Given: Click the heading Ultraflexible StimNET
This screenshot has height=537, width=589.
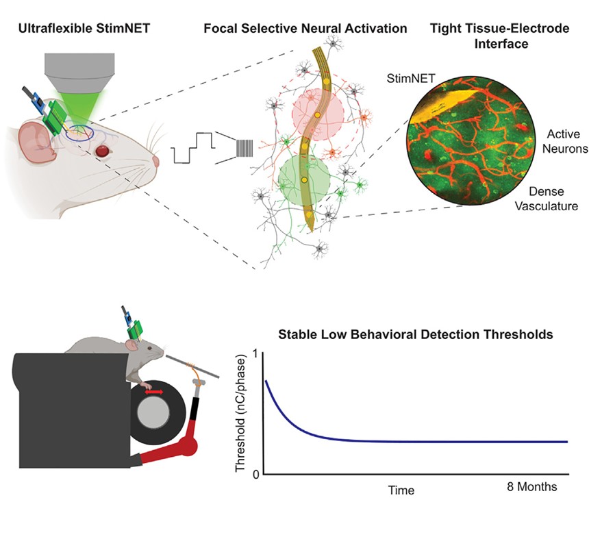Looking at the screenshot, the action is (x=84, y=28).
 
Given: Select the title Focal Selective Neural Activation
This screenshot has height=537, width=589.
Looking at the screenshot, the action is (x=305, y=29).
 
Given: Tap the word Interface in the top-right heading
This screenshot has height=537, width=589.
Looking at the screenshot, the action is (x=501, y=44).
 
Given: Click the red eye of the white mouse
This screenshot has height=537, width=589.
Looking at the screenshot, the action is (x=103, y=151).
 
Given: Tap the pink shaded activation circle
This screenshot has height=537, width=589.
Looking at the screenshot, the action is (x=318, y=114).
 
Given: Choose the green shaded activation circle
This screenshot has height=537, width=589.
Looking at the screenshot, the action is (x=304, y=179).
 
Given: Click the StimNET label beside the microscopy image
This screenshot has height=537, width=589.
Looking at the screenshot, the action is (x=411, y=78).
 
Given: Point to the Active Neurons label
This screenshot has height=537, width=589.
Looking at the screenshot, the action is (x=565, y=141).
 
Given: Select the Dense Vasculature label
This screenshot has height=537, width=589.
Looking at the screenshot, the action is (x=546, y=199).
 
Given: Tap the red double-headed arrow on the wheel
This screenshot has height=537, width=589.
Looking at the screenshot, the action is (x=154, y=392).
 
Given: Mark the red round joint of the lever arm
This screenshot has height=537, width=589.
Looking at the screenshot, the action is (x=188, y=446).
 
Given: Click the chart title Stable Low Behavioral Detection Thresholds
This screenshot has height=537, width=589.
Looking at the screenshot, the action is (x=416, y=334).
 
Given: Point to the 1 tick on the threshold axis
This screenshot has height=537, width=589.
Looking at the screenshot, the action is (x=256, y=354).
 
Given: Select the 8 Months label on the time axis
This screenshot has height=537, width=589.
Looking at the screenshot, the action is (x=532, y=486).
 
